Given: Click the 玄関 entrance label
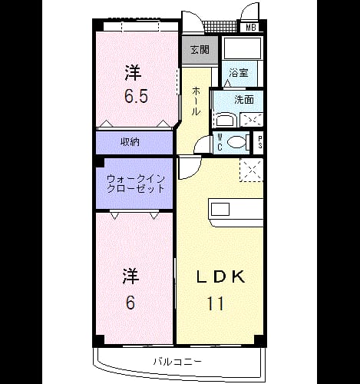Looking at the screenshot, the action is point(200,50).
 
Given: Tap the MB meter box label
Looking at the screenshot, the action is point(251,28).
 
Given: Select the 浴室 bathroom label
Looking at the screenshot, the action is point(239,73).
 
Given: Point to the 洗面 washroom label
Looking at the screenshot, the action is point(244,100).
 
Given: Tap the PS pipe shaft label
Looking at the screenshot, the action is point(259,142).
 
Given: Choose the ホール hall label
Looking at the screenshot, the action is point(196,101).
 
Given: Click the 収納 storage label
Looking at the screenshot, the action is point(130,142).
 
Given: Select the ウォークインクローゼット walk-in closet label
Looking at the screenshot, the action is point(135,184).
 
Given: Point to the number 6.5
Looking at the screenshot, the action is point(136,96).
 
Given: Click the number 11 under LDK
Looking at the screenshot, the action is point(216,303).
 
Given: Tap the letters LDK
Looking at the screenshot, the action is point(220,276).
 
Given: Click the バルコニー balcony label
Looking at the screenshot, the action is point(177,362).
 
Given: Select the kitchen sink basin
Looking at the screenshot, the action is point(220,210).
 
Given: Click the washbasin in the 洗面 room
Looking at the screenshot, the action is point(225,121).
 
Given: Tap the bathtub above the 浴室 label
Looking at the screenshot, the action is point(242,48).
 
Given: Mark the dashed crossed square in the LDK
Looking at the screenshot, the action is point(252,170).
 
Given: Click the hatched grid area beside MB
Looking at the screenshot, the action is point(220,26).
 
